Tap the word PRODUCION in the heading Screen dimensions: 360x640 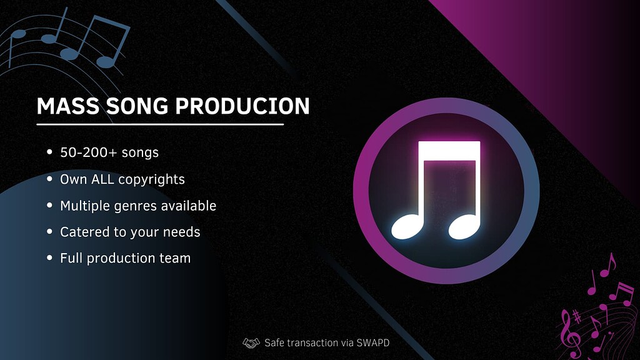242,106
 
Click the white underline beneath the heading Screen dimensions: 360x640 160,124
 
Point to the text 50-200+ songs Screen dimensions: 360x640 109,152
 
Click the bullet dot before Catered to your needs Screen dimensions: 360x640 50,232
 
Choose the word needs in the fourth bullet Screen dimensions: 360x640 182,232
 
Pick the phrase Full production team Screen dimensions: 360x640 125,258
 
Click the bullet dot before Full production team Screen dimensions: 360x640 50,258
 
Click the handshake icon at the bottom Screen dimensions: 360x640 251,342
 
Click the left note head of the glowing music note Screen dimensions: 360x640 407,227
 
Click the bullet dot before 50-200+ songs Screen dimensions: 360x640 50,152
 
